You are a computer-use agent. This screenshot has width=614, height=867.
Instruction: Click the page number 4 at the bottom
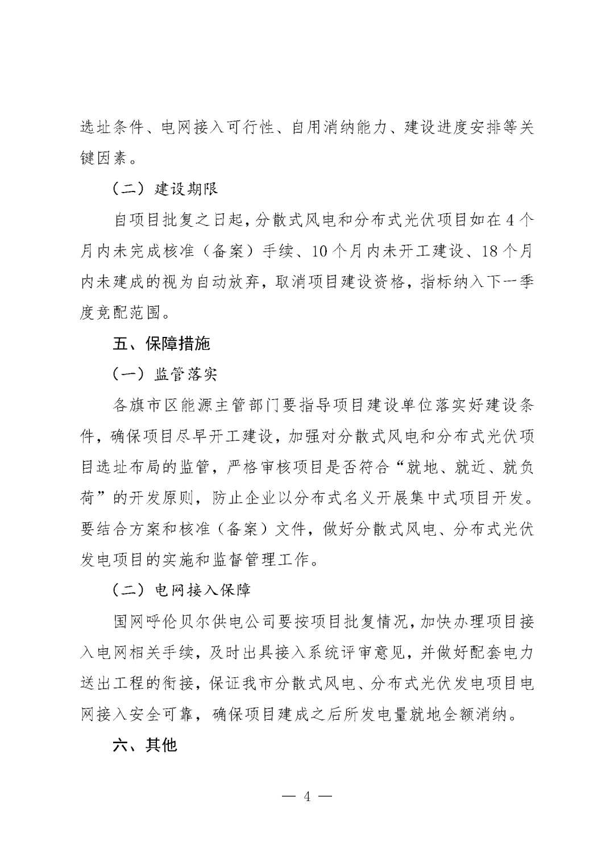point(307,796)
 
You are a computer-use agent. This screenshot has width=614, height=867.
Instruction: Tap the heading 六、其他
point(146,744)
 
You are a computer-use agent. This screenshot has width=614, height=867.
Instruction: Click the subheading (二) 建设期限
point(165,189)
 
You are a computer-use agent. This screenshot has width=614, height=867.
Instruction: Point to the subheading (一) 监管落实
point(165,374)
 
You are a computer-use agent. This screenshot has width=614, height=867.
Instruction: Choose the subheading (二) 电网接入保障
point(181,590)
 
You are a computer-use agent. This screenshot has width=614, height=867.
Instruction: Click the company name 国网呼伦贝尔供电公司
point(196,621)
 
